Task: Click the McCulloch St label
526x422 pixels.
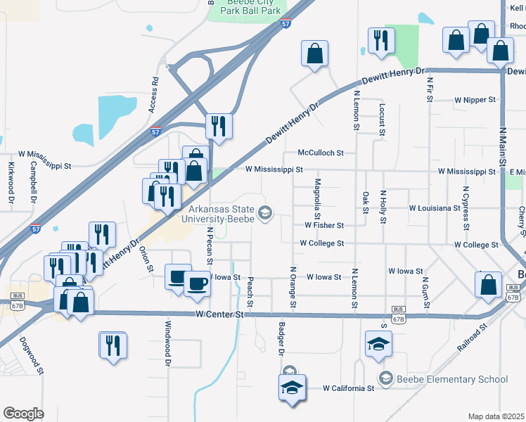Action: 320,153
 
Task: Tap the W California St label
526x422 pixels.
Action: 348,388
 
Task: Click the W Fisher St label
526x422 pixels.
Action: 323,226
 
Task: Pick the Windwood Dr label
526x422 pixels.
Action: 168,344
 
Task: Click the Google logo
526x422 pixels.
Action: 23,413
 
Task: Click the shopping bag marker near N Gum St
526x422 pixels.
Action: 488,284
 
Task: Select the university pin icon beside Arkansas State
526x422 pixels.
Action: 265,212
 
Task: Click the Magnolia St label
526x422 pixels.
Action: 318,194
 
